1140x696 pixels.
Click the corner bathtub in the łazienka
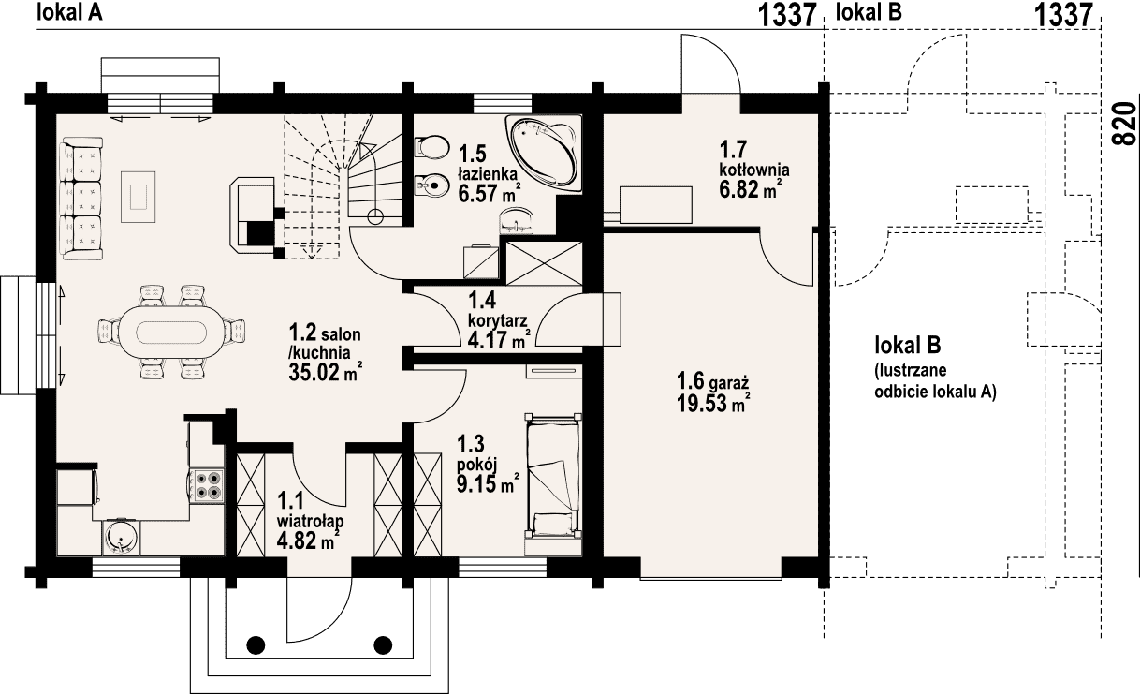pos(544,153)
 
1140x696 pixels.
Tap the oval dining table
pos(171,333)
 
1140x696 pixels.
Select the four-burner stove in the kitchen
pos(209,484)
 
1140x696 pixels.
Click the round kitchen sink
pos(122,539)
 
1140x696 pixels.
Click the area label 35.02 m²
pos(326,373)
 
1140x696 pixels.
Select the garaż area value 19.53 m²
pos(713,404)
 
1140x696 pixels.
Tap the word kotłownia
pos(754,170)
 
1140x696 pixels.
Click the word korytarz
pos(497,321)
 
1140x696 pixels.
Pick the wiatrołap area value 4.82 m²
pos(308,541)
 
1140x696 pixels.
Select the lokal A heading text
pos(69,12)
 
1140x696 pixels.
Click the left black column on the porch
pos(256,645)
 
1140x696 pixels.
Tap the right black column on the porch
pos(383,645)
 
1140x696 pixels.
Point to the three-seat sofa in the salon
pos(81,199)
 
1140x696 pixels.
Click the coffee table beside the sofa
pos(138,196)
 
